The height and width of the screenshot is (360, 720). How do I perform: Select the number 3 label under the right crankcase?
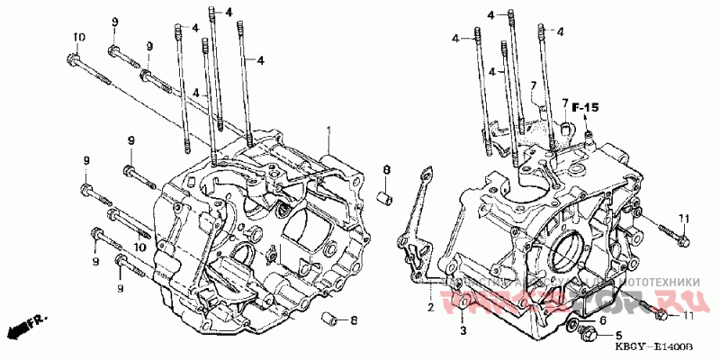tap(463, 331)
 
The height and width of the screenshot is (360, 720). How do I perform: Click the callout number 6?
tap(603, 319)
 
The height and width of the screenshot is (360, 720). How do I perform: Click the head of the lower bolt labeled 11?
tap(661, 313)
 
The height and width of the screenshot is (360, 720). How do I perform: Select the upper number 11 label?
tap(684, 219)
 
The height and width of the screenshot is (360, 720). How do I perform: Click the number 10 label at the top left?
tap(78, 37)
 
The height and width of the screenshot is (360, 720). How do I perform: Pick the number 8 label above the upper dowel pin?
tap(385, 170)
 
